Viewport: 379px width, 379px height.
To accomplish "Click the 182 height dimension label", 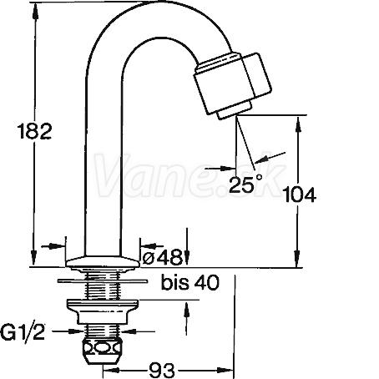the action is point(34,131).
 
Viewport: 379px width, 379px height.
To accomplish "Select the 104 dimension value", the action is point(299,195).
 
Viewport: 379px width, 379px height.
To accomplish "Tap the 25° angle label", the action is point(245,184).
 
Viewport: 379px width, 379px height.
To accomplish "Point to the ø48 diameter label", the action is point(162,257).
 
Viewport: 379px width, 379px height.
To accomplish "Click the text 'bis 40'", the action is point(190,282).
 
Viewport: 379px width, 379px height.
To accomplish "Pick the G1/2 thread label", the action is point(23,332).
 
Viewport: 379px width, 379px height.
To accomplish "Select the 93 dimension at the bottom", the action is point(162,370).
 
